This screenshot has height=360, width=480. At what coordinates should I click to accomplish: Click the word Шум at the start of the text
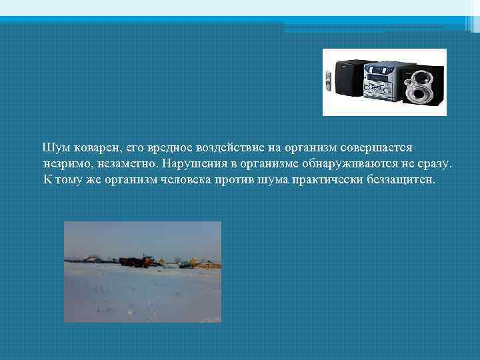tap(54, 146)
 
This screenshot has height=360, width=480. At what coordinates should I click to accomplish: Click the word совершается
tap(378, 146)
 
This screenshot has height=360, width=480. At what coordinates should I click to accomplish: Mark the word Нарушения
tap(194, 163)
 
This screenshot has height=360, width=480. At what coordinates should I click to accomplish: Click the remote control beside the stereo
tap(327, 81)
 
